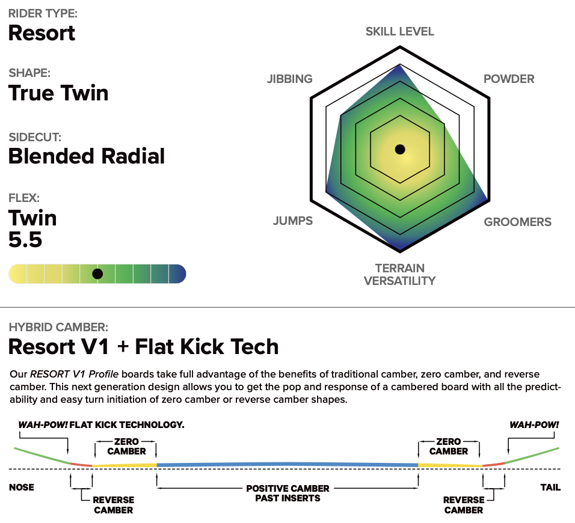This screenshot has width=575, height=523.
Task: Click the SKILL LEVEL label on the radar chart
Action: pos(399,31)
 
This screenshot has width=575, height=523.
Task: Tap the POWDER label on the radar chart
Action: pos(509,79)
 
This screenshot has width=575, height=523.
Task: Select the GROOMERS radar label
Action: pos(517,222)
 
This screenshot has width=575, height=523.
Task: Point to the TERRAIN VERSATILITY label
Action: pos(400,274)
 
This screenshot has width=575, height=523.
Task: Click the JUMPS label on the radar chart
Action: pos(293,221)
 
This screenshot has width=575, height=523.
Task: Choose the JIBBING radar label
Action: pos(290,79)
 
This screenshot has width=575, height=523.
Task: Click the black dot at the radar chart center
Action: pos(400,149)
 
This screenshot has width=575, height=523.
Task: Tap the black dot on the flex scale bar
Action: pos(97,274)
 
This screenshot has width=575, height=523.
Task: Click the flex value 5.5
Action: pos(25,240)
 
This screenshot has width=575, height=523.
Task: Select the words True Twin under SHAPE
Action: pos(58,93)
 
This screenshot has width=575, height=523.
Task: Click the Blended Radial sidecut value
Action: pos(87,156)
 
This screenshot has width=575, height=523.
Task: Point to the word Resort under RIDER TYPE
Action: pos(42,32)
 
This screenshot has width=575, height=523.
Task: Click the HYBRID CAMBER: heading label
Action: pos(58,328)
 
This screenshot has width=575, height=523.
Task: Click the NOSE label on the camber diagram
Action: pos(22,487)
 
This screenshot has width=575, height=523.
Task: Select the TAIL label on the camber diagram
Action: pos(550,487)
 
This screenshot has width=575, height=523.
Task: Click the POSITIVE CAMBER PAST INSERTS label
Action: pos(287,493)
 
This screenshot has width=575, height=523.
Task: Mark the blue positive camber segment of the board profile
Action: pos(287,464)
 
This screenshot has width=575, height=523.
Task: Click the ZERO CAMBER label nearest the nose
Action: pos(126,446)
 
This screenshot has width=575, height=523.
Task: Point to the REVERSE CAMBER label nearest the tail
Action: pos(463,505)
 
